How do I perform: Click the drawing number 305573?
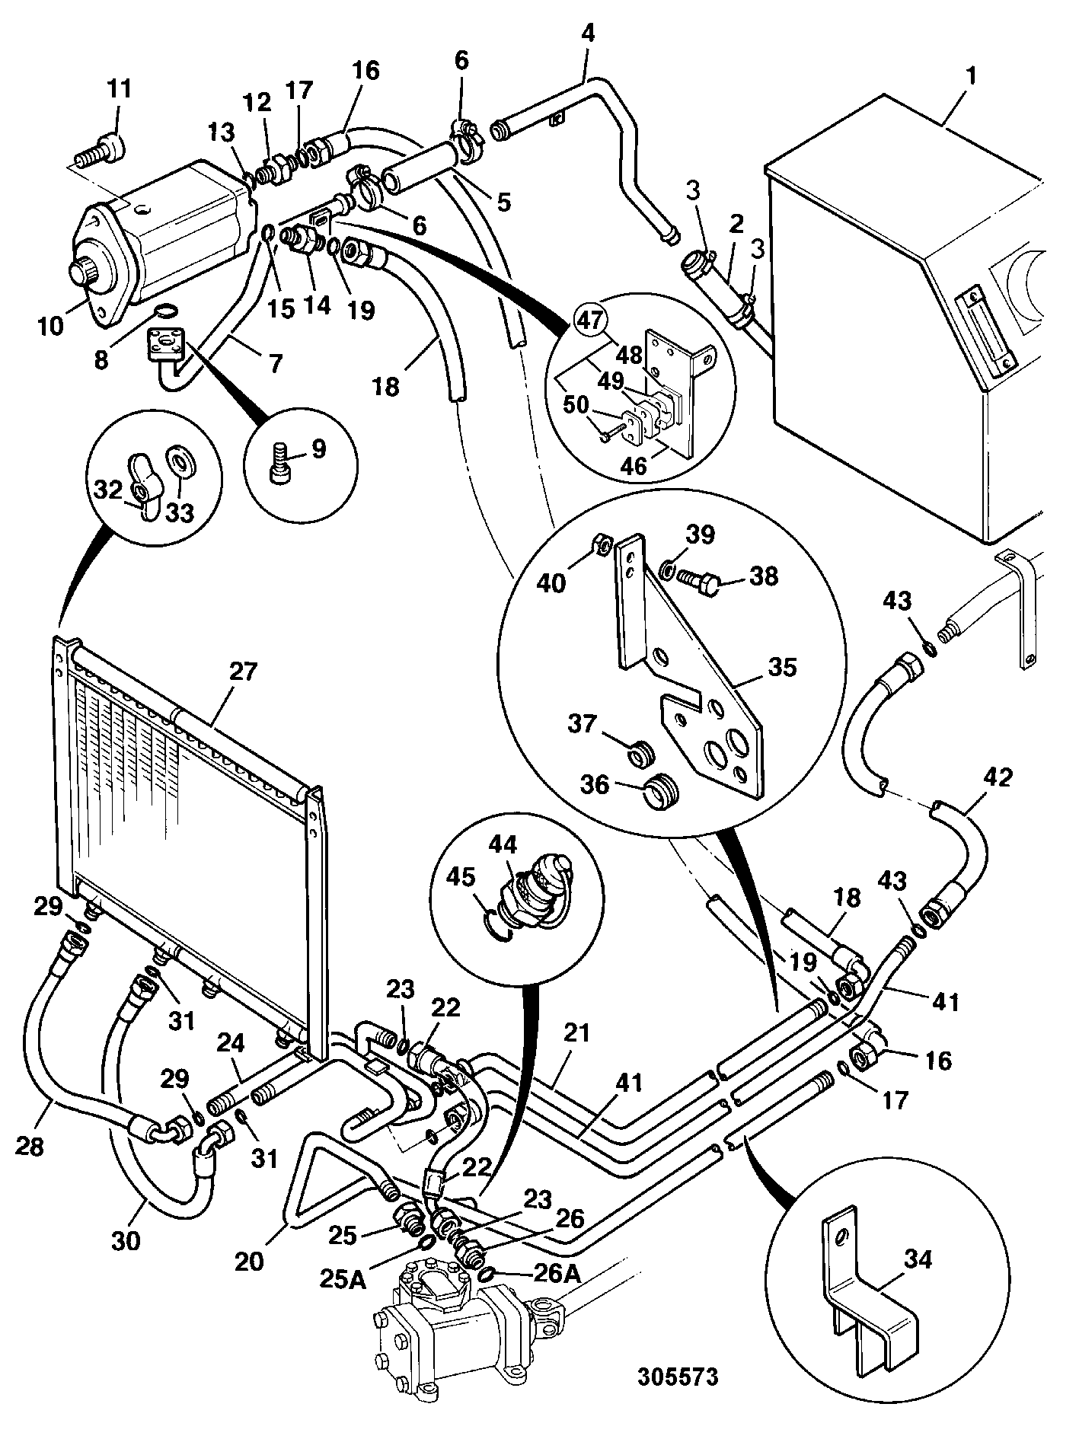678,1379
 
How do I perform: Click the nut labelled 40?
601,543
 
